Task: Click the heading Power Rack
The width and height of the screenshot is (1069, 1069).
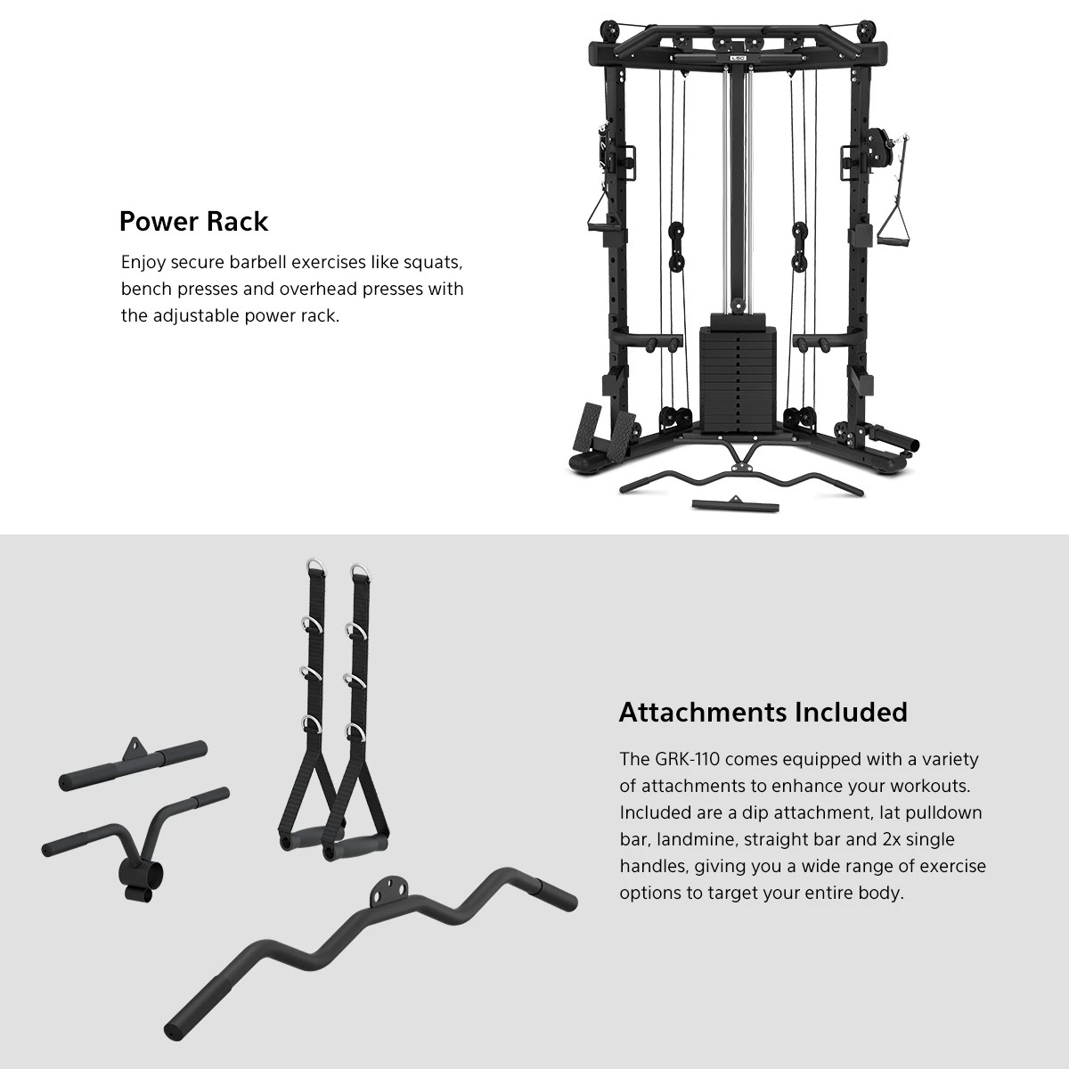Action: click(193, 221)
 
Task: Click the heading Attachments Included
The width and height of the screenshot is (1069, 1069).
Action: click(763, 712)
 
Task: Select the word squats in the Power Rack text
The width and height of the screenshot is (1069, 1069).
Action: click(432, 263)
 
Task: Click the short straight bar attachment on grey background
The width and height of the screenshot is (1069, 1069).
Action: click(134, 764)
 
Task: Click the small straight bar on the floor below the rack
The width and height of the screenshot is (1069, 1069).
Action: click(736, 504)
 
